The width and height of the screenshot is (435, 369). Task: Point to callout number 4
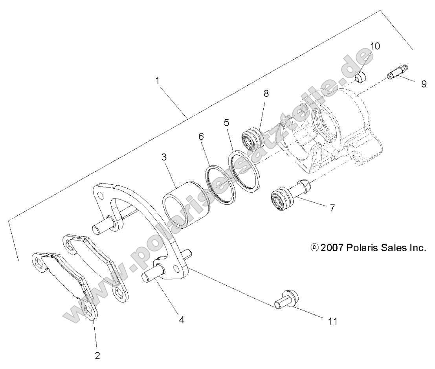(181, 320)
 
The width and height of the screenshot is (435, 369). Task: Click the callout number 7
(332, 208)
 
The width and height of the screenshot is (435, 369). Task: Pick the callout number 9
(424, 84)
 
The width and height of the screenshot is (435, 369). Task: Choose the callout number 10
(375, 46)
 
